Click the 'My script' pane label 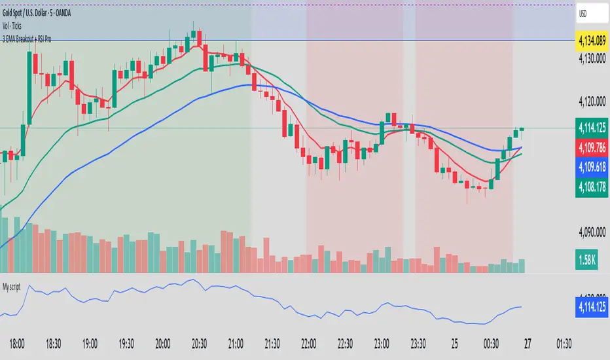(18, 286)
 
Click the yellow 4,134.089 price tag (591, 41)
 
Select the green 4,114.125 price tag (591, 127)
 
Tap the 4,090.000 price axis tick (592, 231)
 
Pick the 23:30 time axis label (418, 342)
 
